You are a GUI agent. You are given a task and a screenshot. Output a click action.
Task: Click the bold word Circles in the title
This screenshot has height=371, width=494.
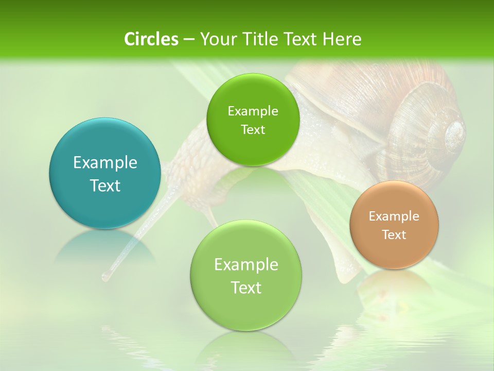tap(151, 39)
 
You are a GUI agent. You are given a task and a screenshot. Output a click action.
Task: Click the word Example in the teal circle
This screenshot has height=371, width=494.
tap(105, 163)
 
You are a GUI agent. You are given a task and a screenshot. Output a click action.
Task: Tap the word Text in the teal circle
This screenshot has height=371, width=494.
tap(105, 185)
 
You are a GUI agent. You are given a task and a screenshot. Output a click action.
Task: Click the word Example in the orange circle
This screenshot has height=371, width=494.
tap(394, 216)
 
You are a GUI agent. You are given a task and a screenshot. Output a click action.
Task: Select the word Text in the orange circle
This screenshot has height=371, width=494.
tap(394, 235)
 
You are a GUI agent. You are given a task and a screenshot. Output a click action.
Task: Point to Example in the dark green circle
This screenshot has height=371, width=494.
tap(253, 111)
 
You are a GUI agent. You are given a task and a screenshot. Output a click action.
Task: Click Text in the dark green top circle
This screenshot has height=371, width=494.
tap(253, 130)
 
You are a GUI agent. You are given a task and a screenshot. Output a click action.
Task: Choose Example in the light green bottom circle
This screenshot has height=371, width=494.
tap(246, 265)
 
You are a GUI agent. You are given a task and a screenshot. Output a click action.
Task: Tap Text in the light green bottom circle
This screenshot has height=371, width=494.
tap(246, 288)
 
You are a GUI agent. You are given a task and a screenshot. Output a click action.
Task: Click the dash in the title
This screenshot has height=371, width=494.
tap(188, 40)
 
